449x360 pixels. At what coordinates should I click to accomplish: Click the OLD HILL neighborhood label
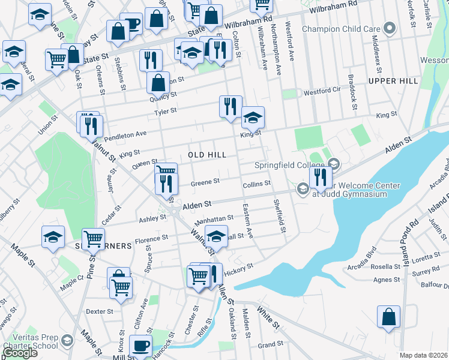tap(207, 155)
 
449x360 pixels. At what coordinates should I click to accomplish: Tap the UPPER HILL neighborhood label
tap(393, 80)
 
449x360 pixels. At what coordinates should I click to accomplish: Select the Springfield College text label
tap(292, 165)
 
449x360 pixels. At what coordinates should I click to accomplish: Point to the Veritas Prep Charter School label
tap(29, 341)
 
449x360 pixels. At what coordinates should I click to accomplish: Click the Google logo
tap(20, 353)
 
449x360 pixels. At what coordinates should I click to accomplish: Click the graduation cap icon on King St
tap(253, 118)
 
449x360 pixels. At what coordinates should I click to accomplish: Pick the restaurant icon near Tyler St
tap(231, 107)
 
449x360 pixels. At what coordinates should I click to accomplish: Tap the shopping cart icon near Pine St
tap(93, 239)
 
